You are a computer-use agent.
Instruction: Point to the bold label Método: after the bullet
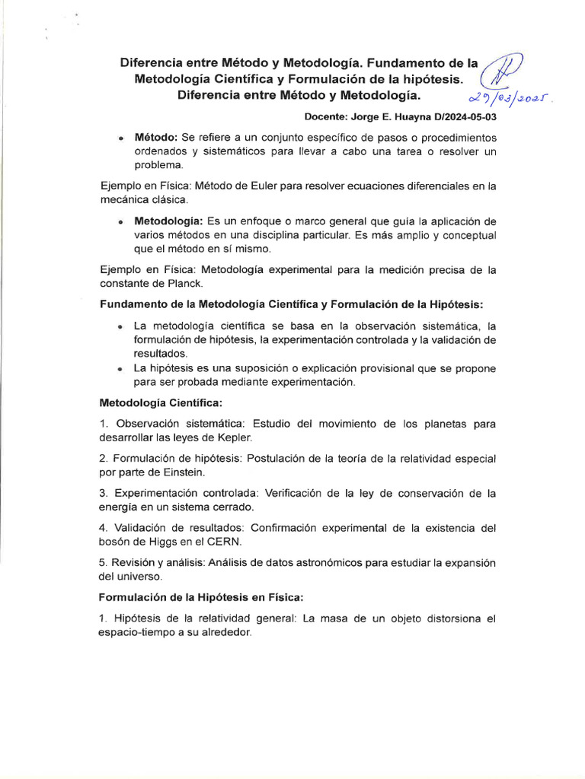tap(156, 138)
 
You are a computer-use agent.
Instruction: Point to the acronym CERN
tap(229, 542)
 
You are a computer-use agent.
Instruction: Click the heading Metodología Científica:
tap(161, 402)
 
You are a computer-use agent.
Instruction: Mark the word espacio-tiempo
tap(137, 632)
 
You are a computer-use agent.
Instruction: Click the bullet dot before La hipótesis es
tap(121, 369)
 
